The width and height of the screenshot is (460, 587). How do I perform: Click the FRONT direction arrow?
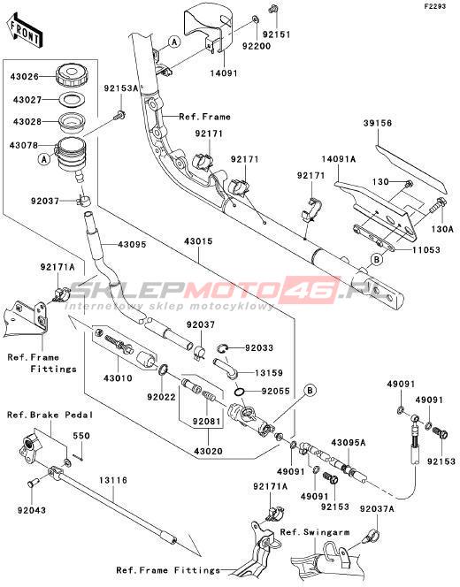pos(25,31)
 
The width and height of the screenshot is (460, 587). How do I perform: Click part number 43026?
pos(25,76)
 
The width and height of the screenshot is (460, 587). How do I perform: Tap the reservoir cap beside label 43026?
pos(73,76)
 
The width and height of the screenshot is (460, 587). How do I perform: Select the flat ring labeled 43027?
pos(72,100)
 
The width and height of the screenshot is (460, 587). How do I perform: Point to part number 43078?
pos(24,144)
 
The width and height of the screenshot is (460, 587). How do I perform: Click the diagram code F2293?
pos(435,6)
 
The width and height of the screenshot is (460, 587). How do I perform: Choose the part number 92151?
pos(277,34)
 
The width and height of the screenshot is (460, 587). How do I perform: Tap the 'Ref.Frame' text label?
pos(204,117)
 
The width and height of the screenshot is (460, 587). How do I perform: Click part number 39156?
pos(377,123)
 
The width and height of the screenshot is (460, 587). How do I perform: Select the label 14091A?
pos(339,159)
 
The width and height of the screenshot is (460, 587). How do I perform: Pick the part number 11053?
pos(425,249)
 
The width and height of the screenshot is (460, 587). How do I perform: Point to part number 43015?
pos(198,241)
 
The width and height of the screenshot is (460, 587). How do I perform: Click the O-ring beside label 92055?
pos(240,393)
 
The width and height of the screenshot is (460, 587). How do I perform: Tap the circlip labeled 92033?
pos(222,348)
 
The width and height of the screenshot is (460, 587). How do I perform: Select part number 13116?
pos(113,480)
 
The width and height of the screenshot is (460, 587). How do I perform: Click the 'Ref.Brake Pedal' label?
pos(50,415)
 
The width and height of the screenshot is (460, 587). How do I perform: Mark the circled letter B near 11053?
pos(377,259)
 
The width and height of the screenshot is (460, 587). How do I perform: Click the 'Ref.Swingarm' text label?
pos(315,532)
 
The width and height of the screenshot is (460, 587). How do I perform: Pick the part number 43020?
pos(208,452)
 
